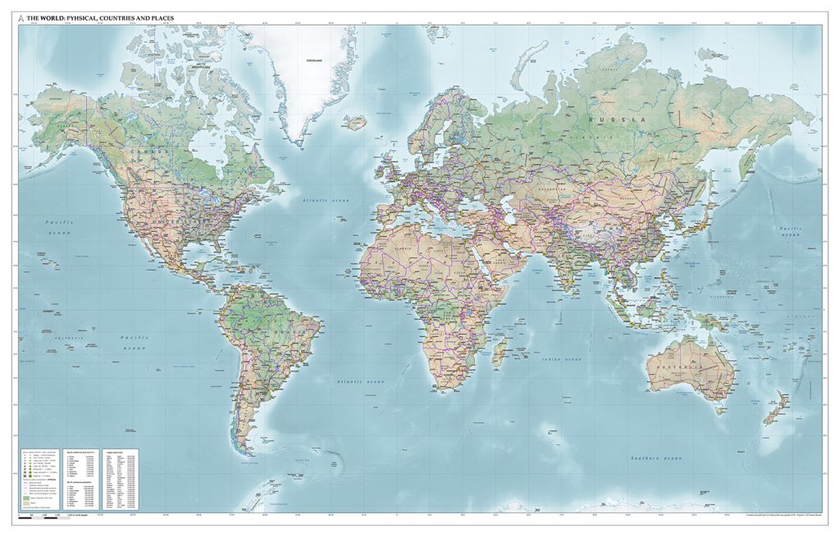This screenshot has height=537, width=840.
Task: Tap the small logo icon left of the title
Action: (x=21, y=16)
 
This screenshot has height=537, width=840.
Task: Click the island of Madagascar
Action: (x=498, y=353)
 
